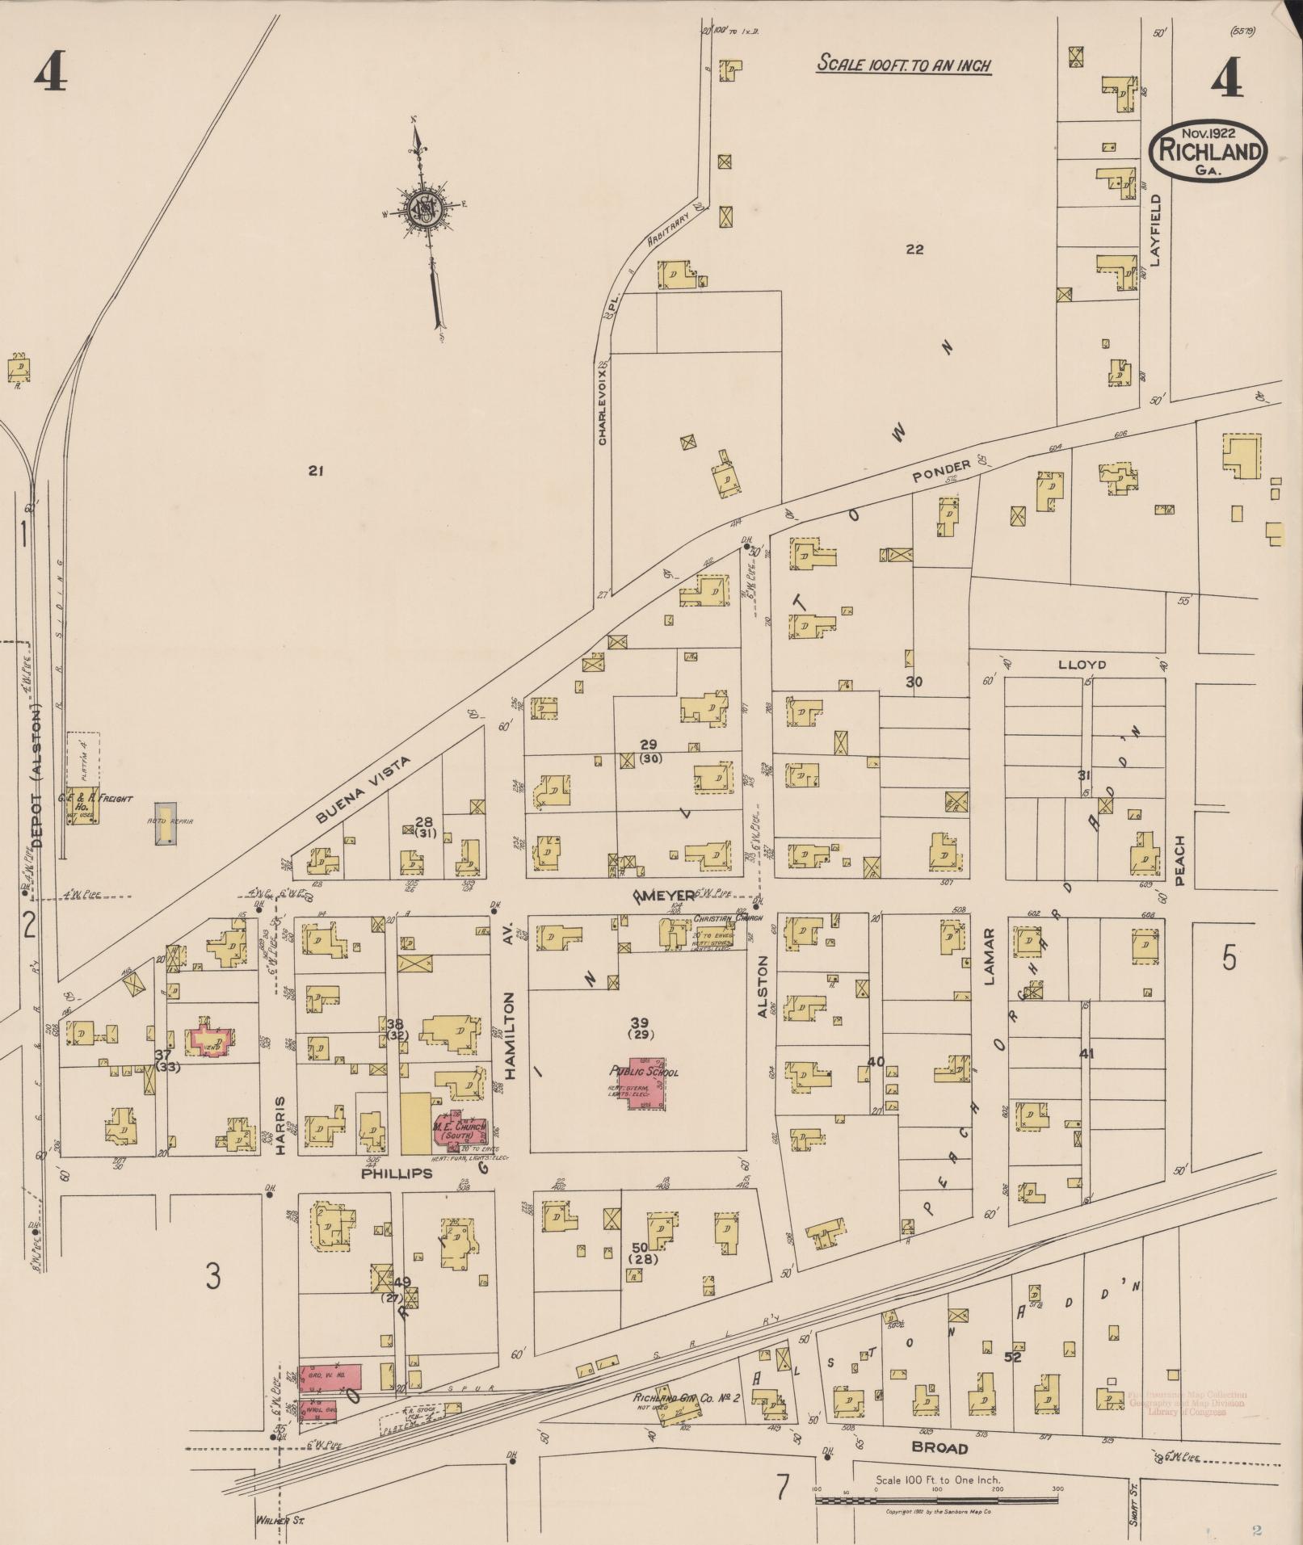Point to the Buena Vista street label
click(364, 789)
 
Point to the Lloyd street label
click(1082, 665)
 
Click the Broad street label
click(939, 1448)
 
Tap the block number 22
click(914, 250)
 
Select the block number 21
click(315, 470)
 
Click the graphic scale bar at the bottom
click(937, 1500)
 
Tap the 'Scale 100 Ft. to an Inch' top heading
click(903, 65)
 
